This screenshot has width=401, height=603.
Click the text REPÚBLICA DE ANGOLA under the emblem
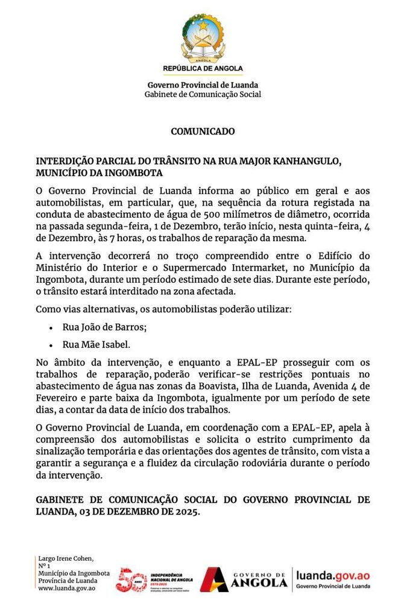click(x=203, y=68)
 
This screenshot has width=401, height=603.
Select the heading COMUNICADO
click(x=203, y=131)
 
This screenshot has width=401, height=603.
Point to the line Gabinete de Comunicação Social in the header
click(x=203, y=95)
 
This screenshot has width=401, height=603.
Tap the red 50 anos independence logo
click(x=131, y=580)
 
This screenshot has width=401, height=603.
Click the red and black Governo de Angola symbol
click(x=214, y=580)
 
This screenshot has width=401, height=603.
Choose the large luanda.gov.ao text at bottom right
click(x=333, y=576)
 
